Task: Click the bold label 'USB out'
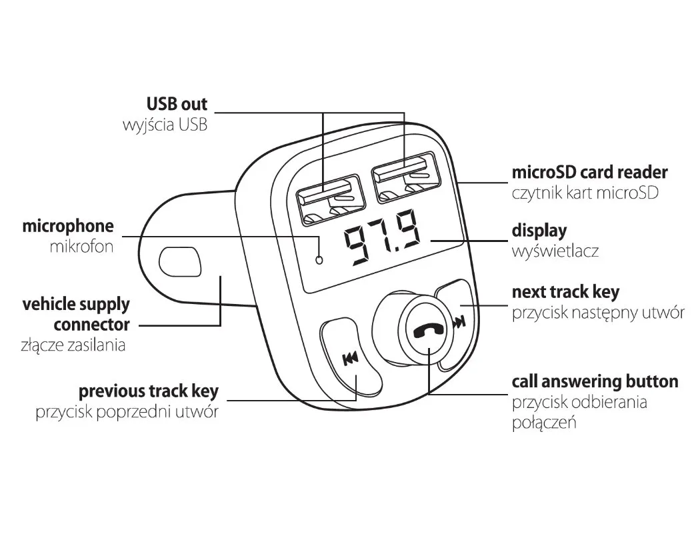point(177,104)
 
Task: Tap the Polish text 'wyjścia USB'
point(165,125)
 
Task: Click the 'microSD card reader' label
point(589,172)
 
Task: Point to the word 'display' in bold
point(539,231)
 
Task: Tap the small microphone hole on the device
point(319,259)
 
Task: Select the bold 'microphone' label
point(68,226)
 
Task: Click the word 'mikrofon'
point(81,247)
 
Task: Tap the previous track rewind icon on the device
point(349,360)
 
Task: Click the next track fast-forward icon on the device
point(458,323)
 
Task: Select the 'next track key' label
point(565,292)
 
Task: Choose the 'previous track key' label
point(148,391)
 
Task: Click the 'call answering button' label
point(595,381)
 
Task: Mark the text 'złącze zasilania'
point(73,345)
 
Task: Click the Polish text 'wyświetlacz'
point(555,252)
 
